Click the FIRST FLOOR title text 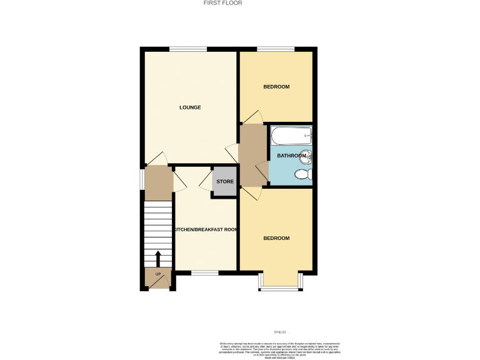(223, 3)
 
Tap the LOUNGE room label (190, 107)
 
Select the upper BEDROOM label (276, 87)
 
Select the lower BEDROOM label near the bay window (276, 238)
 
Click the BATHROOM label (291, 156)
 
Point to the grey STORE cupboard (224, 182)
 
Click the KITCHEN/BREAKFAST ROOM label (206, 230)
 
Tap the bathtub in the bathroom (291, 135)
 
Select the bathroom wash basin (306, 157)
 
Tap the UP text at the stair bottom (157, 274)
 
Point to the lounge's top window (188, 49)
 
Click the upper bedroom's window (276, 49)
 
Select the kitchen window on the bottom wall (204, 272)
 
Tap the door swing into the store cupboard (204, 182)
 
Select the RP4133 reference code (279, 332)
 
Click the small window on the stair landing (142, 179)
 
